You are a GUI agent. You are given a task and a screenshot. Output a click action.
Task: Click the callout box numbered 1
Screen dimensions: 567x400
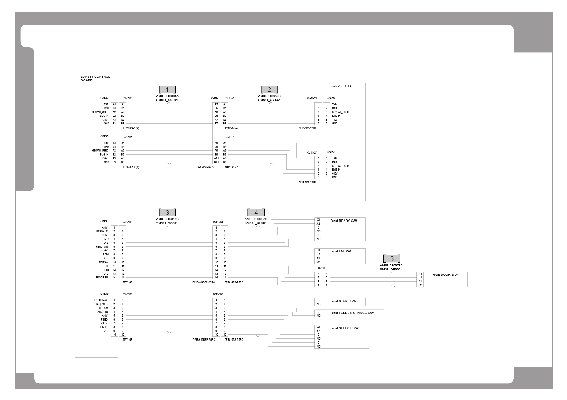point(167,90)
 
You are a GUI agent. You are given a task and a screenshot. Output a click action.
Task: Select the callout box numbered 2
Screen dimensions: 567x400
point(269,90)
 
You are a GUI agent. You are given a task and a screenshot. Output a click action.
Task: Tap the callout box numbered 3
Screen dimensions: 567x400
point(167,213)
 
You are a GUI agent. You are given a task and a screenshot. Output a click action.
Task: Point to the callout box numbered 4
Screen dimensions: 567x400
point(256,213)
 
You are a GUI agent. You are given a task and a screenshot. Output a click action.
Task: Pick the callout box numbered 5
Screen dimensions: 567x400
point(392,259)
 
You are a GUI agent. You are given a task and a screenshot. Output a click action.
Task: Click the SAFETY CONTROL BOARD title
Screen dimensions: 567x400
point(95,78)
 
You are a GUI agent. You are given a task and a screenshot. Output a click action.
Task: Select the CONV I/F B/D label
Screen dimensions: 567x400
point(340,86)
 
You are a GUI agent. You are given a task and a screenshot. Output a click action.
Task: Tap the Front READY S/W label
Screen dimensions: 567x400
point(343,221)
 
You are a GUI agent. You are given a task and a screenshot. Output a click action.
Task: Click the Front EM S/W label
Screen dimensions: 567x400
point(340,251)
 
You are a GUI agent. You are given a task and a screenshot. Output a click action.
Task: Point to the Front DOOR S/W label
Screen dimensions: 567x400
point(445,275)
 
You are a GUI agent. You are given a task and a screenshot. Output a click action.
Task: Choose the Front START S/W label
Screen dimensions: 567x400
point(343,301)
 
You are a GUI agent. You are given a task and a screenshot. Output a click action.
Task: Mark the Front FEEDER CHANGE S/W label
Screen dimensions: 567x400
point(352,313)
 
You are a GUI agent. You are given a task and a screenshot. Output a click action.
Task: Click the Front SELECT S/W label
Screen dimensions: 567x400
point(344,328)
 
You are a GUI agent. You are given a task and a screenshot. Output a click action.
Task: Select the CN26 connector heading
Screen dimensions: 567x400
point(330,98)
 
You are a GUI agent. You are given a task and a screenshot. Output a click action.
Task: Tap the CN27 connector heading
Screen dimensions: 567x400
point(330,152)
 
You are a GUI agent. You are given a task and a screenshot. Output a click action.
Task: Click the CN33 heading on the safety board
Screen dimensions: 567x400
point(104,98)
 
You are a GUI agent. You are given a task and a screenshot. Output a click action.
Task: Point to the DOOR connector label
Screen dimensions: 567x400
point(321,268)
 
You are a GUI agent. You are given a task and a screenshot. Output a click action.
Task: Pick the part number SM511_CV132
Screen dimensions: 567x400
point(269,100)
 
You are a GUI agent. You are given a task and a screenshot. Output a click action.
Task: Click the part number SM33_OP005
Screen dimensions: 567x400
point(390,269)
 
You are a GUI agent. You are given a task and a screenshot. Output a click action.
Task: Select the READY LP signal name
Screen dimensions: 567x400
point(102,231)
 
